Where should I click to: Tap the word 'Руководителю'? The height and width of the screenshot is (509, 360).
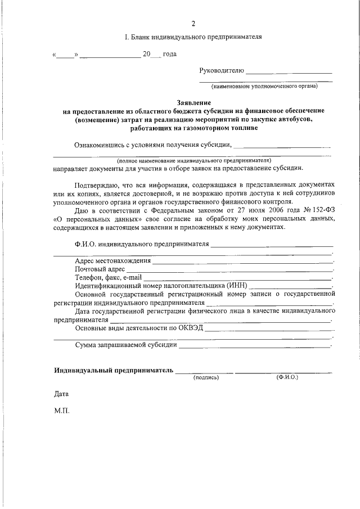tap(222, 70)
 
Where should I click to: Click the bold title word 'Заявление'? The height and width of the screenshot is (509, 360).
tap(193, 103)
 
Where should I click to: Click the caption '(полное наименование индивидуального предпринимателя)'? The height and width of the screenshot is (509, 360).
tap(195, 160)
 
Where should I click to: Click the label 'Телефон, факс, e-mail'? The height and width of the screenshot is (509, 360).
tap(109, 277)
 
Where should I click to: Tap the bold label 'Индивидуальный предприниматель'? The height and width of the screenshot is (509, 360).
tap(113, 371)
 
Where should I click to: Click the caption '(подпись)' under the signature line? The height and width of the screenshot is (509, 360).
tap(205, 378)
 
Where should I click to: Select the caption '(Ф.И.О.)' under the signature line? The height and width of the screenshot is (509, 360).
tap(287, 377)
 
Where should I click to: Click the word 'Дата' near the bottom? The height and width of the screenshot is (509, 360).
tap(61, 395)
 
